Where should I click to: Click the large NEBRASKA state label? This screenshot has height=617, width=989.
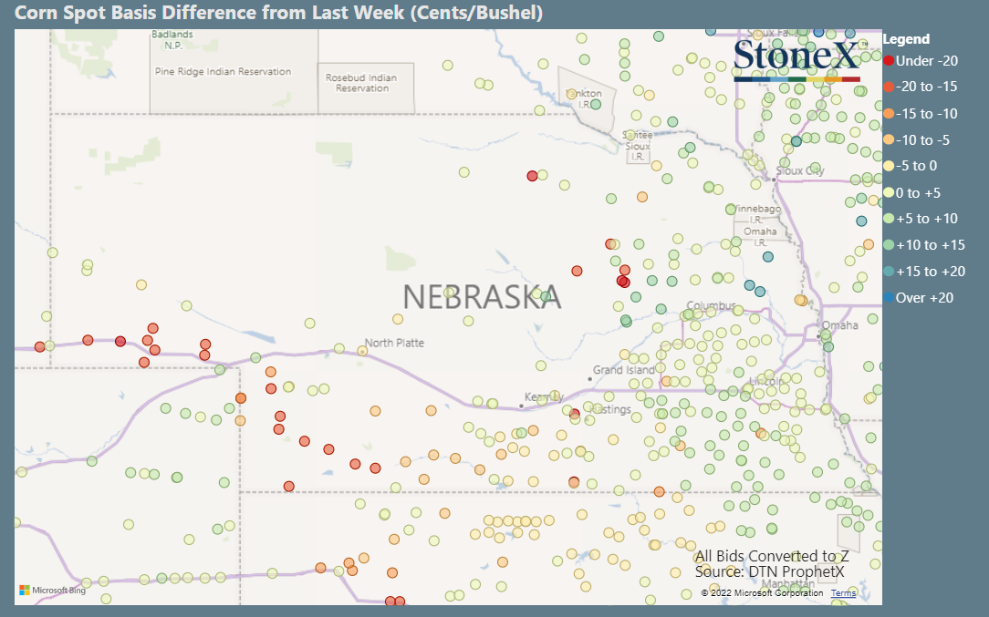(482, 297)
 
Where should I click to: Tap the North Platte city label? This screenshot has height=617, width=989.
(395, 343)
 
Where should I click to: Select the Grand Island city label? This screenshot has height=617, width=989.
(624, 370)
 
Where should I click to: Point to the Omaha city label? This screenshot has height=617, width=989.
(839, 325)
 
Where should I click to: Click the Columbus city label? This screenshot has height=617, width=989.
(711, 305)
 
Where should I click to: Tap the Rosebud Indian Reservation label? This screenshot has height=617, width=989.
(361, 83)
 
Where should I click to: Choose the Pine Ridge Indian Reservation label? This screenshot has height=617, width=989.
(223, 71)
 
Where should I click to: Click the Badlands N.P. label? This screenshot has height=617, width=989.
(172, 40)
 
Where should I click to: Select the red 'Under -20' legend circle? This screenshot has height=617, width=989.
(889, 61)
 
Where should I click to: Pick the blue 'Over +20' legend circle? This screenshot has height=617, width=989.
(889, 298)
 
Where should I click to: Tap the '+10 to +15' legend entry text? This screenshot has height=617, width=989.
(930, 245)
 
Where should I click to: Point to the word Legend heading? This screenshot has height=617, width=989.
(906, 39)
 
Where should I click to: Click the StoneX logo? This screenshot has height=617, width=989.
(796, 57)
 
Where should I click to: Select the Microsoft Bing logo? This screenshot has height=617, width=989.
(52, 591)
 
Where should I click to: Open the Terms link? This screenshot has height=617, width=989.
(843, 593)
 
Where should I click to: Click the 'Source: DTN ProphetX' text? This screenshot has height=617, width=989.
(769, 571)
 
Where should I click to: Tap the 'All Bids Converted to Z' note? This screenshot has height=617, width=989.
(772, 556)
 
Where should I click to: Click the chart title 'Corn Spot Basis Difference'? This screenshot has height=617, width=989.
(279, 13)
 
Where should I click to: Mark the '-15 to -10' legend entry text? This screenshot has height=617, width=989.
(926, 114)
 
